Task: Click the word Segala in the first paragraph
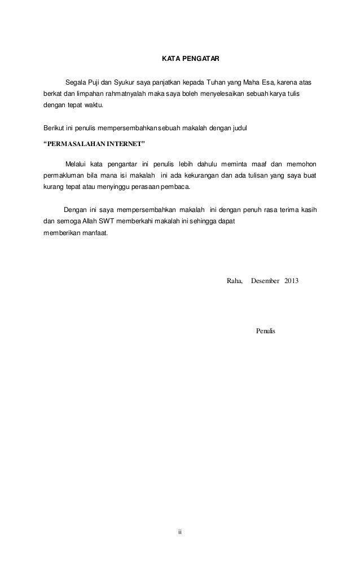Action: (76, 83)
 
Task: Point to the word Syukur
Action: (124, 83)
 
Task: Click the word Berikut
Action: (54, 129)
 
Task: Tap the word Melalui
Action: (76, 164)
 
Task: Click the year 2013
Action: (292, 280)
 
